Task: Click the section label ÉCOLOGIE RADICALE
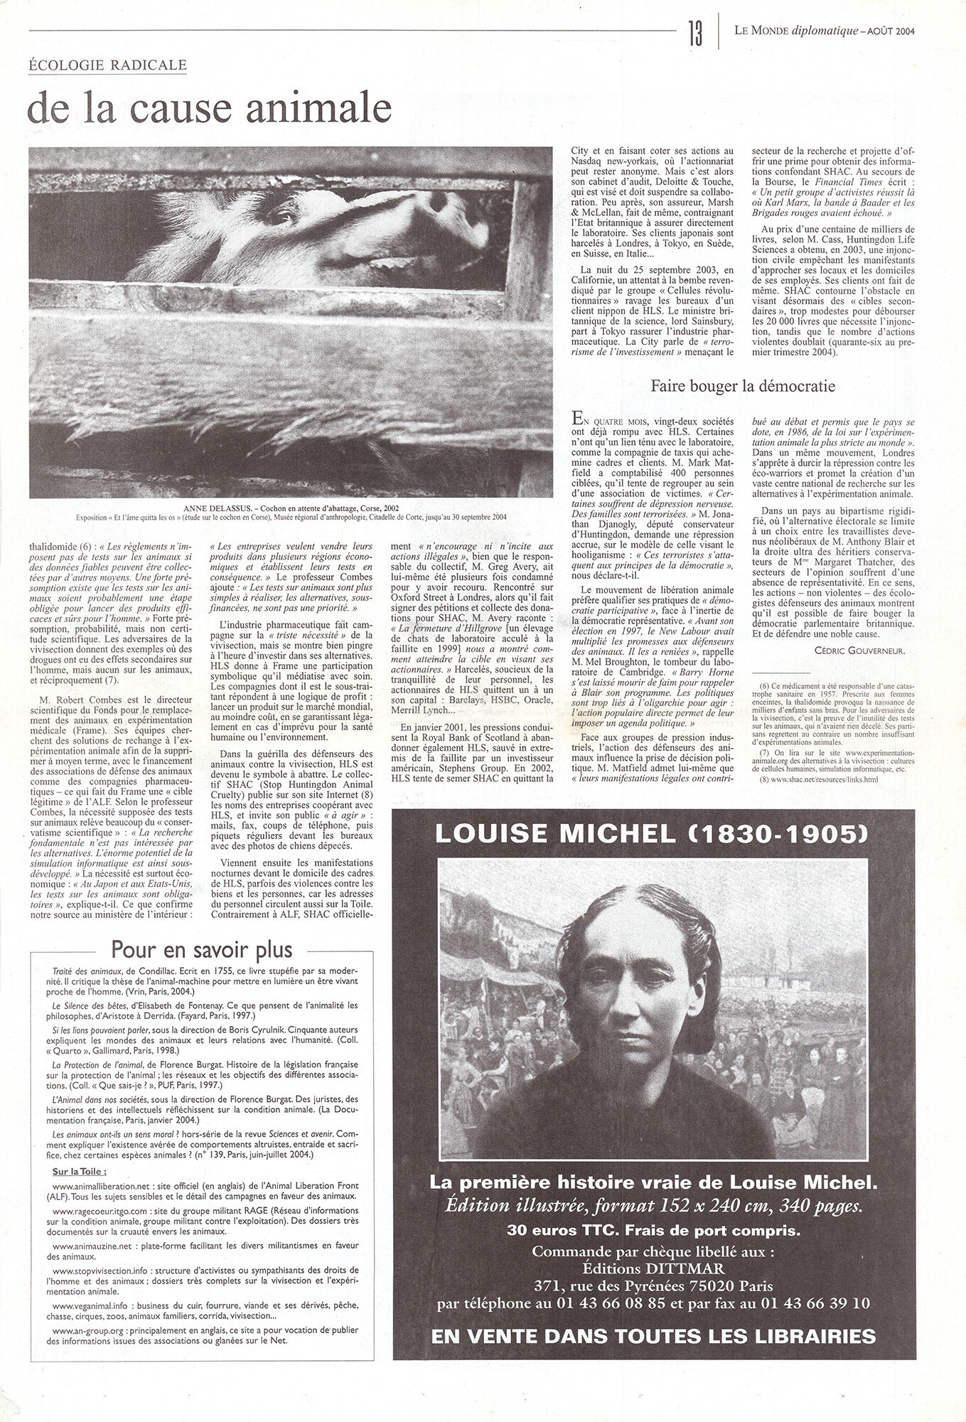(x=107, y=65)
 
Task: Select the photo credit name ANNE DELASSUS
(x=212, y=508)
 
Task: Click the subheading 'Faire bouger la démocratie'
(x=743, y=386)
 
